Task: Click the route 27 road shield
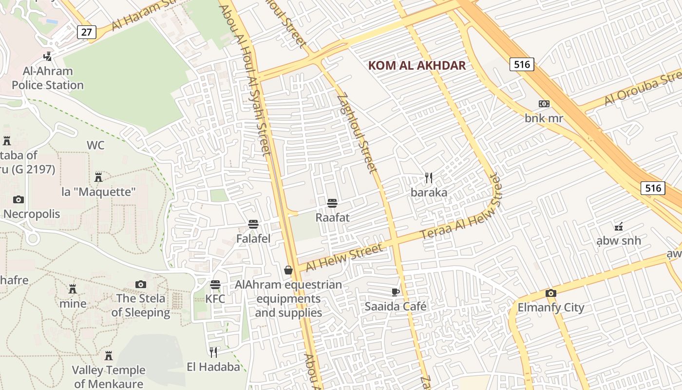pyautogui.click(x=86, y=32)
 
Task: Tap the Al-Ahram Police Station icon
pyautogui.click(x=48, y=56)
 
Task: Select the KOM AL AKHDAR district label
pyautogui.click(x=417, y=65)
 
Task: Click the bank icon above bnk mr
pyautogui.click(x=544, y=104)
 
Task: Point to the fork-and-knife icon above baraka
pyautogui.click(x=429, y=178)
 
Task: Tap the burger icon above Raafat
pyautogui.click(x=332, y=203)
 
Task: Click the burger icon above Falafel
pyautogui.click(x=253, y=224)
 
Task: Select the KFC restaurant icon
pyautogui.click(x=215, y=284)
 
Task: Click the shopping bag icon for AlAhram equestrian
pyautogui.click(x=288, y=270)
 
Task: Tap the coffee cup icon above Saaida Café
pyautogui.click(x=396, y=292)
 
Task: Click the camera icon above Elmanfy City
pyautogui.click(x=551, y=293)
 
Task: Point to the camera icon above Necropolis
pyautogui.click(x=19, y=199)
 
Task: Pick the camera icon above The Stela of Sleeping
pyautogui.click(x=141, y=284)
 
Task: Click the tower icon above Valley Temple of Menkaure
pyautogui.click(x=109, y=356)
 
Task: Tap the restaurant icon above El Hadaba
pyautogui.click(x=213, y=352)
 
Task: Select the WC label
pyautogui.click(x=95, y=145)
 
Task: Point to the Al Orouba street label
pyautogui.click(x=643, y=88)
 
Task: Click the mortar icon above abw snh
pyautogui.click(x=619, y=226)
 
